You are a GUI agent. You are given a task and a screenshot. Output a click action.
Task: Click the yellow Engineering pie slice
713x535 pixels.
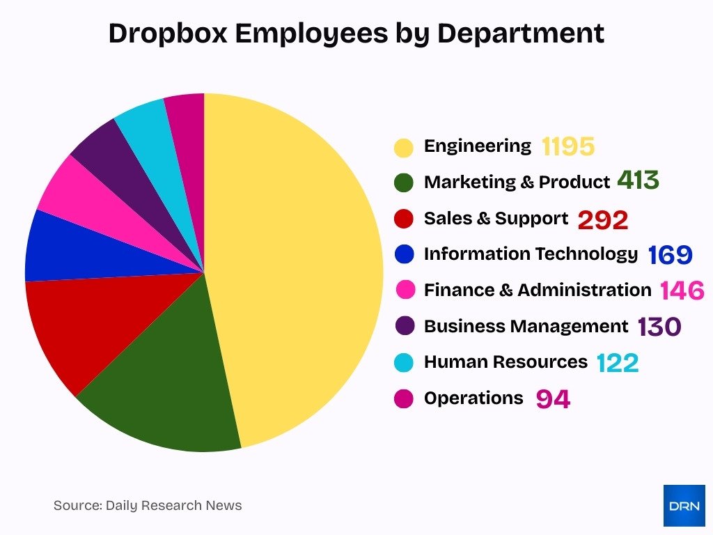(299, 265)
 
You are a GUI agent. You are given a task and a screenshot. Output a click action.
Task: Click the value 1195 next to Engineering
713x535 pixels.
(568, 146)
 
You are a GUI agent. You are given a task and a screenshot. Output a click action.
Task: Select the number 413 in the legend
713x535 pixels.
(638, 181)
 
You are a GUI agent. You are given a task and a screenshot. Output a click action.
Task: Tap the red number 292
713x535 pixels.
(603, 220)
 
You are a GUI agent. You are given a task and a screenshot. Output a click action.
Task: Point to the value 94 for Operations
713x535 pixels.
(553, 399)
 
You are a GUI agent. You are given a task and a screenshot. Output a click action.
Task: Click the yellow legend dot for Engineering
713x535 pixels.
(404, 147)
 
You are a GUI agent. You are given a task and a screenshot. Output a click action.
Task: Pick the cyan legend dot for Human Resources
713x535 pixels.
(404, 362)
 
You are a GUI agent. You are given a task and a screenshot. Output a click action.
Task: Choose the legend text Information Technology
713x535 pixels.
(531, 254)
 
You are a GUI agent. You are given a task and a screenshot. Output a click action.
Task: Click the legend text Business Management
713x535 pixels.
(526, 326)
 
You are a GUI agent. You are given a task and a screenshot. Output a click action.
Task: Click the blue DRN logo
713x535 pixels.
(684, 505)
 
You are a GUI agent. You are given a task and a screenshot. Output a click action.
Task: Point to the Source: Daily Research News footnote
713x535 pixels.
(148, 505)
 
